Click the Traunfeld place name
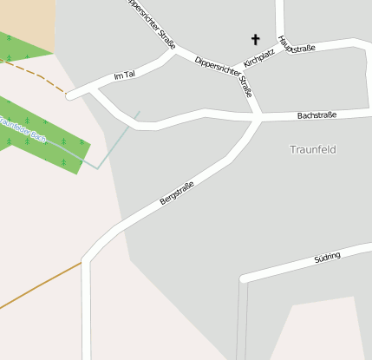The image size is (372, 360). pyautogui.click(x=312, y=149)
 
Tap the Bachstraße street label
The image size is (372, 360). pyautogui.click(x=317, y=115)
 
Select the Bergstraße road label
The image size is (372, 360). pyautogui.click(x=177, y=193)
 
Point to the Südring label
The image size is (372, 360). pyautogui.click(x=327, y=257)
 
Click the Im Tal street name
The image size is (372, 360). pyautogui.click(x=125, y=76)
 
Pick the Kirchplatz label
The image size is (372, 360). pyautogui.click(x=259, y=58)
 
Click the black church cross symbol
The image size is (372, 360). pyautogui.click(x=255, y=39)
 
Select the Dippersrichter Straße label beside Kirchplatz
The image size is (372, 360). pyautogui.click(x=224, y=75)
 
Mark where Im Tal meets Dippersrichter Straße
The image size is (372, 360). pyautogui.click(x=174, y=52)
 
